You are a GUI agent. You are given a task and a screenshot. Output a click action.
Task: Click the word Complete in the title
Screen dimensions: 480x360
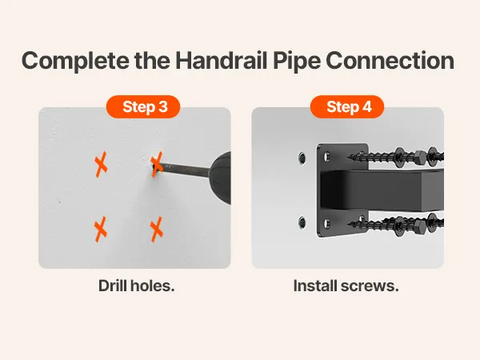[76, 61]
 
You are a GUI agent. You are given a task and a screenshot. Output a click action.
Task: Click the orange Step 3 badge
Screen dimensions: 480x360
[143, 106]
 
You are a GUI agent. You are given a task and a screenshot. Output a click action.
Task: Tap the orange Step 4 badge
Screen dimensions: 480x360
[347, 106]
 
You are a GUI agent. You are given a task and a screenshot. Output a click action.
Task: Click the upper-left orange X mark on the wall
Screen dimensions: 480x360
[101, 164]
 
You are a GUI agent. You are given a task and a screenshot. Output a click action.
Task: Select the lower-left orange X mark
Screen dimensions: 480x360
[101, 229]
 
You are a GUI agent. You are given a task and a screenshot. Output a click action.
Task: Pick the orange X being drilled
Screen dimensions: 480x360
[157, 164]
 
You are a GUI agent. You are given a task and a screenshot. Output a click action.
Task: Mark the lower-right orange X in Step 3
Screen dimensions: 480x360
[157, 229]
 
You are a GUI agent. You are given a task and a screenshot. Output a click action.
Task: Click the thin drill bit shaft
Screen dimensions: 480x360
[186, 170]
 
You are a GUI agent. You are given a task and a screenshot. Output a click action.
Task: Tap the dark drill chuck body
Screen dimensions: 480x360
[221, 178]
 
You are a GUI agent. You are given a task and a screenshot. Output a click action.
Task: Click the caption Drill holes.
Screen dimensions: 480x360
[137, 286]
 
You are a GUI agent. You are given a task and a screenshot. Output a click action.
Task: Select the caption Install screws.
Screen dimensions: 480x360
[346, 286]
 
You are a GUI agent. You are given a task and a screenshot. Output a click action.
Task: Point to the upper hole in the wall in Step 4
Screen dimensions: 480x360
[302, 158]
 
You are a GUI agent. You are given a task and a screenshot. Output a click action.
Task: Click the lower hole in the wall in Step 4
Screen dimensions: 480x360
[302, 222]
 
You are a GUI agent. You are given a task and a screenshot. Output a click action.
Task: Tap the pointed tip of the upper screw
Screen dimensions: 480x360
[349, 158]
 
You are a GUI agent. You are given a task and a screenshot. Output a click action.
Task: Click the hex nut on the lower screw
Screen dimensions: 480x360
[419, 226]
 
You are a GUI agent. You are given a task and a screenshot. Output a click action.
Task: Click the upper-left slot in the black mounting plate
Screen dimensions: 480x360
[327, 157]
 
